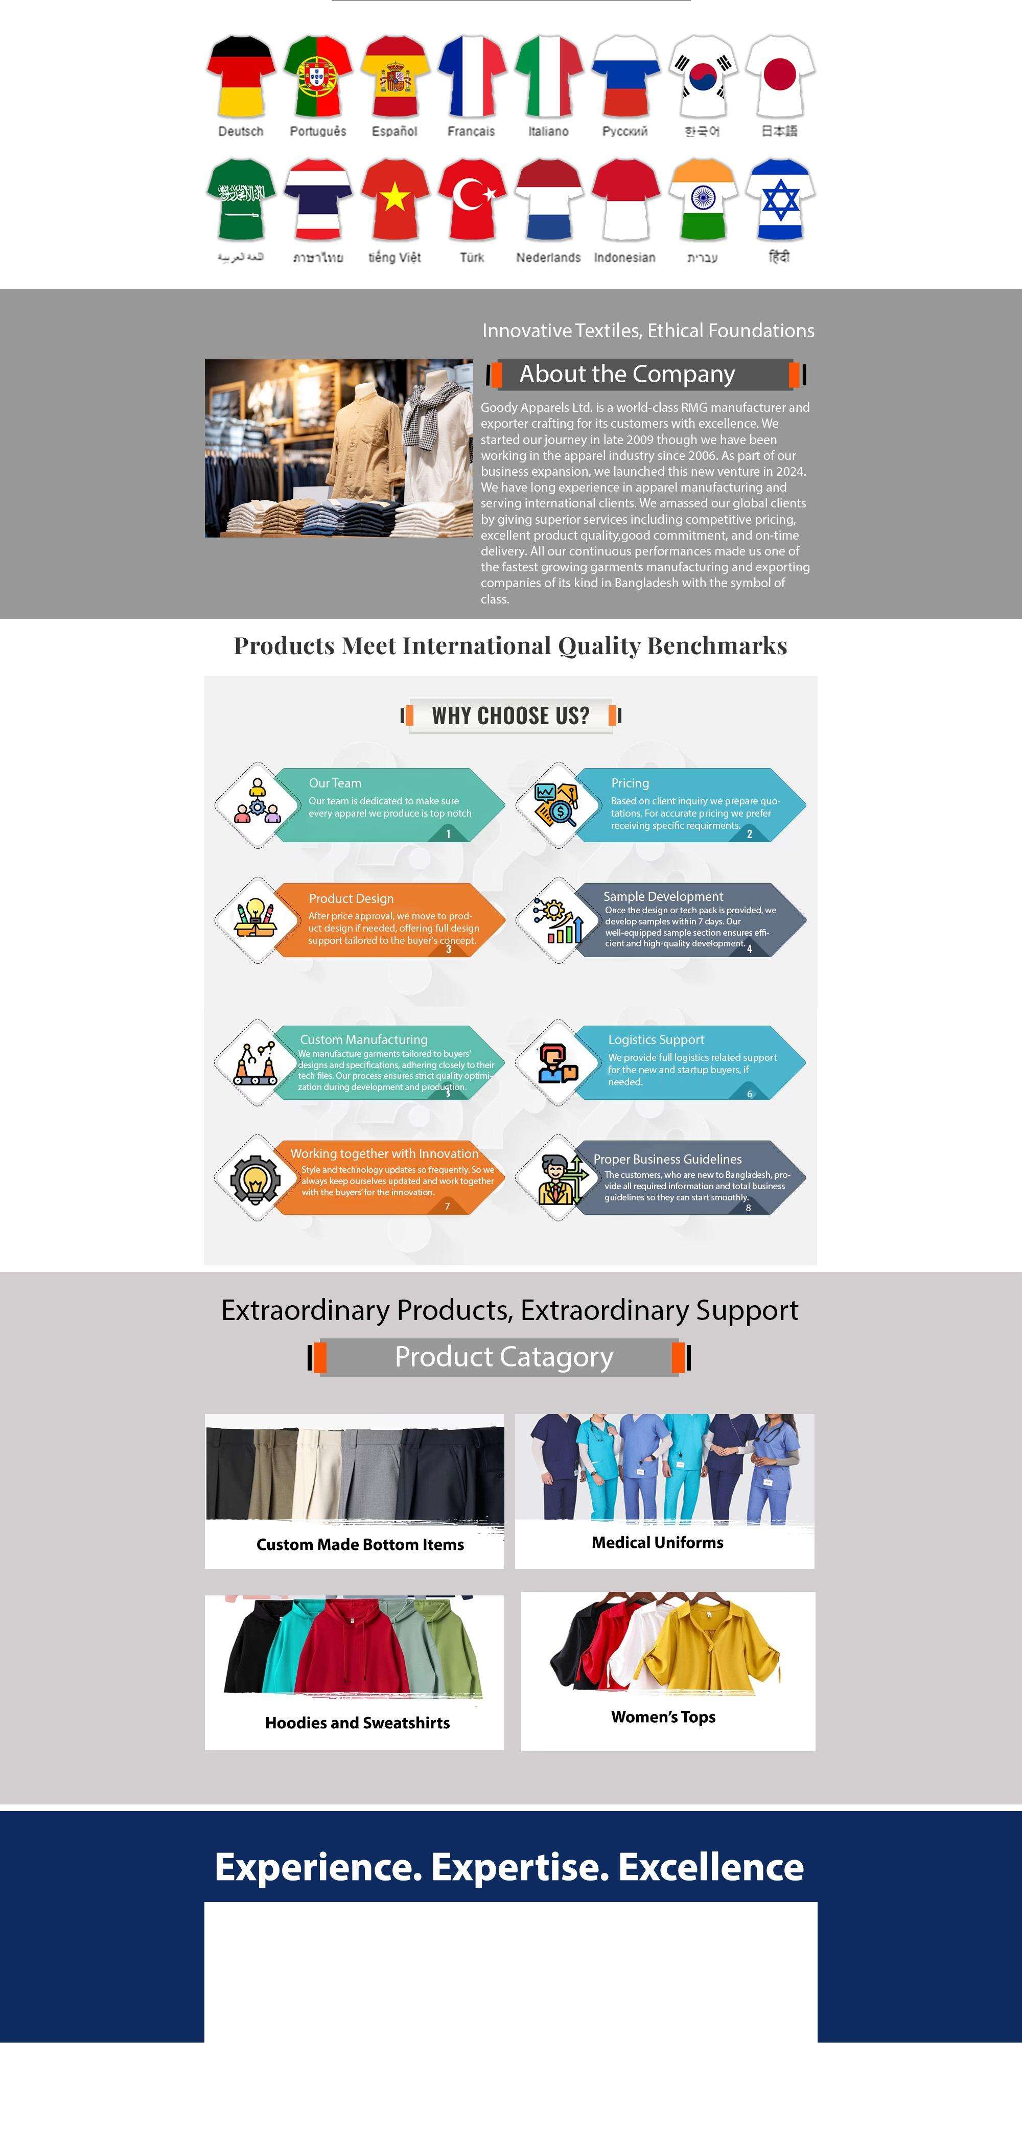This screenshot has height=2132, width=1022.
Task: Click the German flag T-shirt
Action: point(241,76)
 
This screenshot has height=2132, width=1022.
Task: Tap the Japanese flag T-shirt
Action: point(780,76)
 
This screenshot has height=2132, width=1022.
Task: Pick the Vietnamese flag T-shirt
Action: point(394,200)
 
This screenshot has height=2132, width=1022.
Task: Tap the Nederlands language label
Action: point(548,258)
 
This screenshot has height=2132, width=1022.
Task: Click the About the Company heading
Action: point(626,374)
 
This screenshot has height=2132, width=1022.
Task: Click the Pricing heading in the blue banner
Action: point(630,783)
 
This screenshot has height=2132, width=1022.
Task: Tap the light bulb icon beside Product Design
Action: point(255,917)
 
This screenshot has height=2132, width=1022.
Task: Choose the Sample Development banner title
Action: point(663,896)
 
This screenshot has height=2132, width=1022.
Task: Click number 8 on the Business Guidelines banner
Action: point(748,1208)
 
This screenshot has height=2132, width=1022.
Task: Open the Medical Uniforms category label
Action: point(657,1542)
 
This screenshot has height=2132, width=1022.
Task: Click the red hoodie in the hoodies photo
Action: point(352,1647)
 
